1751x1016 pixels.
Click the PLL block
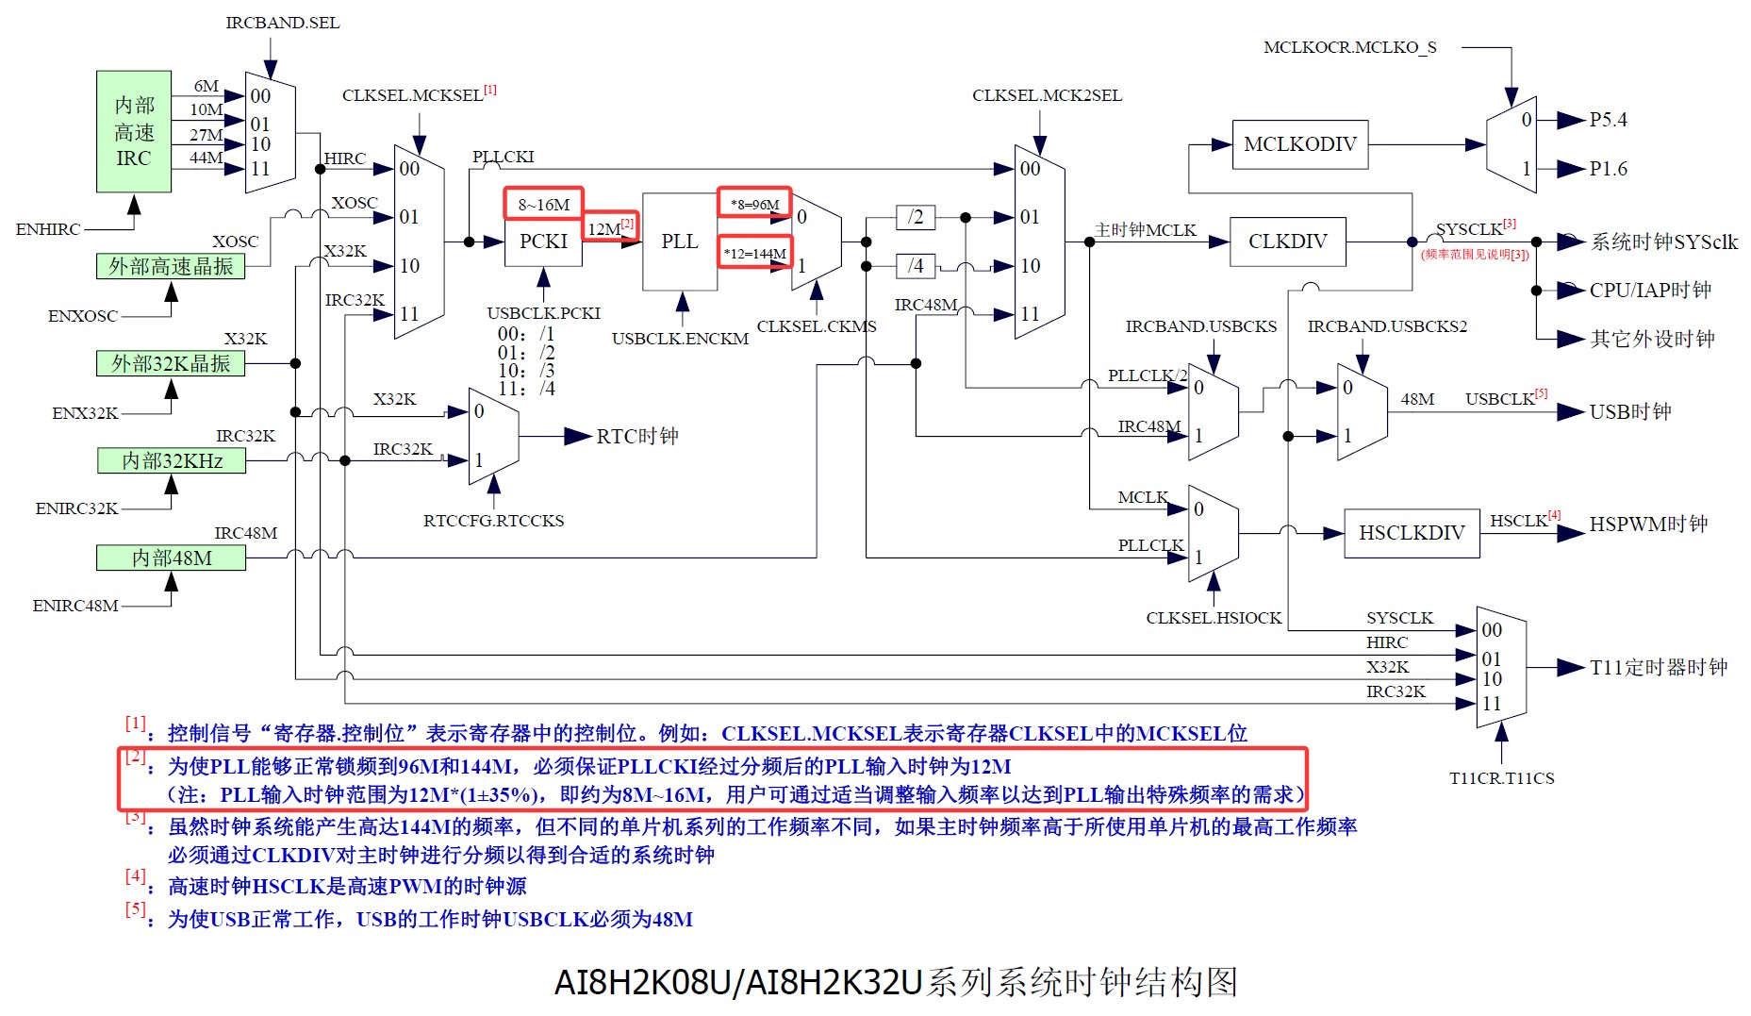(679, 242)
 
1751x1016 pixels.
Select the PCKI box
(543, 242)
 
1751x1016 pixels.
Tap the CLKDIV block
(1287, 242)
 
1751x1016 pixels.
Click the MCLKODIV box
(1299, 144)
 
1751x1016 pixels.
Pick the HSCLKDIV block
(1411, 533)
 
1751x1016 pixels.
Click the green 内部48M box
(171, 558)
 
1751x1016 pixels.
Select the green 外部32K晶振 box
(171, 363)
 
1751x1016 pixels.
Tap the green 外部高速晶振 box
(171, 266)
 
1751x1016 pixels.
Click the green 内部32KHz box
(172, 460)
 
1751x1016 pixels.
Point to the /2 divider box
(915, 217)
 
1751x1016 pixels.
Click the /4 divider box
(915, 266)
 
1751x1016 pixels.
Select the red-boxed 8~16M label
(543, 204)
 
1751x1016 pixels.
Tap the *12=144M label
(754, 253)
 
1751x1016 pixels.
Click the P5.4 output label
(1608, 120)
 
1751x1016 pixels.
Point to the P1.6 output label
(1608, 169)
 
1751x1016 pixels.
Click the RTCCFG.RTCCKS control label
(493, 521)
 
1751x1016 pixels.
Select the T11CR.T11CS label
(1501, 778)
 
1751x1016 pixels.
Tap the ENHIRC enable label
(48, 229)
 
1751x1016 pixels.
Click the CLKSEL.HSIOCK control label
(1214, 618)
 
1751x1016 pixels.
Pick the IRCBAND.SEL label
(282, 23)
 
